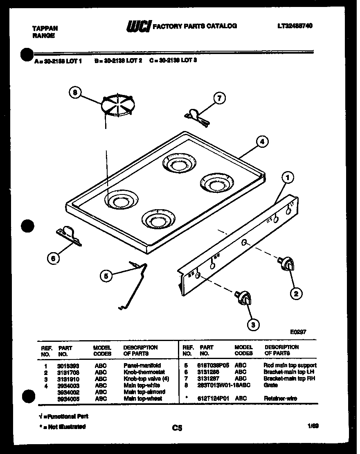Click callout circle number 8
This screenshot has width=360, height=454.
tap(75, 93)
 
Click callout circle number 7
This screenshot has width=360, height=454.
tap(219, 98)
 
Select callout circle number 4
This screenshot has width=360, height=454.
tap(262, 142)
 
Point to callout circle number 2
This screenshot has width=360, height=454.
tap(296, 293)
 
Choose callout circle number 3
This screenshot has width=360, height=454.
tap(253, 325)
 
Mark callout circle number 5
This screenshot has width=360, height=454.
tap(106, 276)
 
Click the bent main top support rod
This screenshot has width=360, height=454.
tap(135, 282)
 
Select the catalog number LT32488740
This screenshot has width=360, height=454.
tap(295, 26)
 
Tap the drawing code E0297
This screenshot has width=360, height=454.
tap(298, 332)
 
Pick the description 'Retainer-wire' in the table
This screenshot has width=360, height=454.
tap(280, 398)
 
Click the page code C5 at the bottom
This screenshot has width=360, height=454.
tap(177, 428)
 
